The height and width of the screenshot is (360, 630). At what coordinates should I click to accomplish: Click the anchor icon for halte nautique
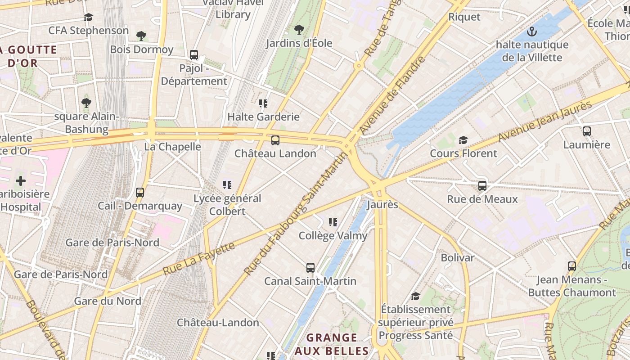tap(532, 31)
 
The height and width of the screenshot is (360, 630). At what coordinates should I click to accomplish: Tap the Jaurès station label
tap(382, 204)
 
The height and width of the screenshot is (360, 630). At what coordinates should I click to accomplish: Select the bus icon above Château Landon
tap(275, 140)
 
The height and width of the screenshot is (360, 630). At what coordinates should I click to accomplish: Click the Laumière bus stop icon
tap(586, 131)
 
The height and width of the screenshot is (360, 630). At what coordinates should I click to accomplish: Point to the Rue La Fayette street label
tap(198, 259)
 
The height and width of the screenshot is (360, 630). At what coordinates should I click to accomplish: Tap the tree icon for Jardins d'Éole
tap(299, 30)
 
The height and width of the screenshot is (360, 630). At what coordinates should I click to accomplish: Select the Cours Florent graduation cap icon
tap(463, 140)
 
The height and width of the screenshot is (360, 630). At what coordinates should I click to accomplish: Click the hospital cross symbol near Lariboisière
tap(21, 181)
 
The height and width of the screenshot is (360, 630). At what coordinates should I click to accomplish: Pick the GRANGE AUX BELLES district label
tap(332, 344)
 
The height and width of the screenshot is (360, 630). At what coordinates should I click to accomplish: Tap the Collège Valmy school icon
tap(333, 222)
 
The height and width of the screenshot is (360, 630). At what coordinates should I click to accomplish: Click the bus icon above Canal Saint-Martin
tap(310, 268)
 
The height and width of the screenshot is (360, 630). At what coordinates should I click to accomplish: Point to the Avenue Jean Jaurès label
tap(545, 121)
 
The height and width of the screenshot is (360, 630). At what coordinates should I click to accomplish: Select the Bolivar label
tap(457, 258)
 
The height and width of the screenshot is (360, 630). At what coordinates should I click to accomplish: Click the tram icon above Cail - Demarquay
tap(140, 193)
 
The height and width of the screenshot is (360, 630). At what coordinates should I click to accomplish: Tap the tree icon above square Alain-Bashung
tap(86, 103)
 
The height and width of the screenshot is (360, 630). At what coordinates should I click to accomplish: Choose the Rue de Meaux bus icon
tap(482, 185)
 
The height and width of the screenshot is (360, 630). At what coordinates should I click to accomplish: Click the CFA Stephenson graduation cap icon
tap(88, 18)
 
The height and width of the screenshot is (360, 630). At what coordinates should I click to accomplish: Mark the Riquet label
tap(464, 17)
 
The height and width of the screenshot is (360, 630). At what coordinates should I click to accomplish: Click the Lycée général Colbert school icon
tap(227, 184)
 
